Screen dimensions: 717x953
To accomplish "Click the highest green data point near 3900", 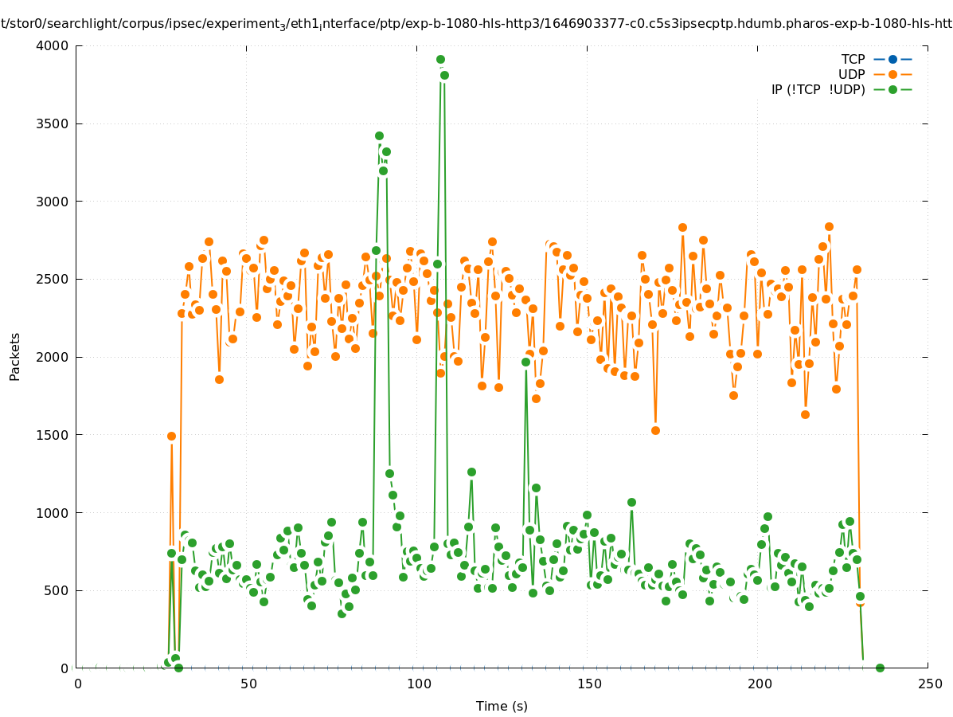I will point(440,60).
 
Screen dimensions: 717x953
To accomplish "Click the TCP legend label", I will point(853,59).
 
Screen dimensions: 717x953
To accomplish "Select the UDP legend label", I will point(851,74).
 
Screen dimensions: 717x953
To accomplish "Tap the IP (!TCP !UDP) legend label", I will point(818,89).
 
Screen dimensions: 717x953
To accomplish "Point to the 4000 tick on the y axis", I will point(53,45).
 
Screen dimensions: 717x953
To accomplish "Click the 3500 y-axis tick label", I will point(53,123).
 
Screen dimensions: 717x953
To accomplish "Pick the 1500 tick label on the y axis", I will point(53,435).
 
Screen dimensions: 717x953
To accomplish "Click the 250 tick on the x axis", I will point(929,684).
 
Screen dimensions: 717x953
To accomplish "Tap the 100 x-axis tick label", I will point(419,684).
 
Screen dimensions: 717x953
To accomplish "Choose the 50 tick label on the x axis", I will point(248,684).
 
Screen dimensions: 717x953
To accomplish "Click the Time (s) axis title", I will point(502,706).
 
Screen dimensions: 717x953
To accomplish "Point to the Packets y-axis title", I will point(15,356).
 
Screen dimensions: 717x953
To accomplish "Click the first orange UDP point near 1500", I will point(171,436).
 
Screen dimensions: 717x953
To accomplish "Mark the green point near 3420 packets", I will point(379,136).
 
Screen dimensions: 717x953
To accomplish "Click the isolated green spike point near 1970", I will point(525,362).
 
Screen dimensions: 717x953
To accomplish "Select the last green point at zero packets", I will point(880,668).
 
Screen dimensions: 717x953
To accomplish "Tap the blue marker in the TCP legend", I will point(892,59).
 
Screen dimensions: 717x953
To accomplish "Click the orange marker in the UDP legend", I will point(892,74).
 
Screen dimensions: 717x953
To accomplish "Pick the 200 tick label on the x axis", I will point(760,684).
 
